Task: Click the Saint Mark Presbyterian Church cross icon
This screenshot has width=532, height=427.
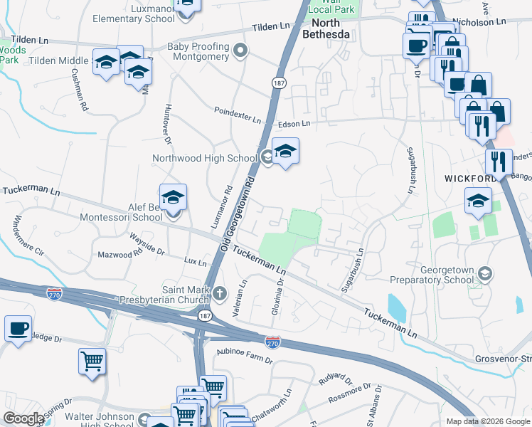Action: (220, 292)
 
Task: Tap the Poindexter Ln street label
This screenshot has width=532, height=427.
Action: (238, 115)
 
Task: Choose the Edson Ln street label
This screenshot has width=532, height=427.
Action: (295, 124)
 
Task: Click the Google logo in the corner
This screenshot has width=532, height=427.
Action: (23, 418)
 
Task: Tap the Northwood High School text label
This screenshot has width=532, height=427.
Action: (204, 158)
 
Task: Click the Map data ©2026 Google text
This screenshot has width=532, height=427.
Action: (487, 421)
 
